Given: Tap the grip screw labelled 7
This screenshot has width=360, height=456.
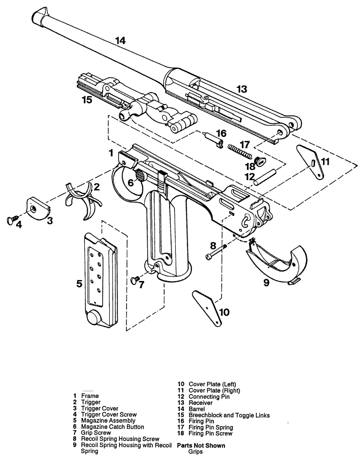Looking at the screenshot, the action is click(135, 280).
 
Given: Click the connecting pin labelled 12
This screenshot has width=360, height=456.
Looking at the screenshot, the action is click(265, 177).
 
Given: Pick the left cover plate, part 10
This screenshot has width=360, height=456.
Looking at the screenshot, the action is click(207, 308).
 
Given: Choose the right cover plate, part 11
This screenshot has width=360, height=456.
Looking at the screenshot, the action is click(311, 162).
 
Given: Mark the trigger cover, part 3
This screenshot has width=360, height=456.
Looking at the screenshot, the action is click(38, 207).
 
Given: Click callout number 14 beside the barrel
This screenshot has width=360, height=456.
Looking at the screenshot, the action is click(120, 40).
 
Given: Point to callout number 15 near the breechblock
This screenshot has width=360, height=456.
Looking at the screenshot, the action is click(87, 100).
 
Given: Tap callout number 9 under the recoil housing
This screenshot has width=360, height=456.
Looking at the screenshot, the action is click(266, 282).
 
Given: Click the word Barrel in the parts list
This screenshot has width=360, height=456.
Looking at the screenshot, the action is click(197, 409).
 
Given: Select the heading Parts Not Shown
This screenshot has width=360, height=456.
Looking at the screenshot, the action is click(201, 446).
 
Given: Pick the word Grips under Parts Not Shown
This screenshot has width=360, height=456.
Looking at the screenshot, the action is click(195, 452).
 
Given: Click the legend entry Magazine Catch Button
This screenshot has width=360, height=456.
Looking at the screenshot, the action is click(112, 426).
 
